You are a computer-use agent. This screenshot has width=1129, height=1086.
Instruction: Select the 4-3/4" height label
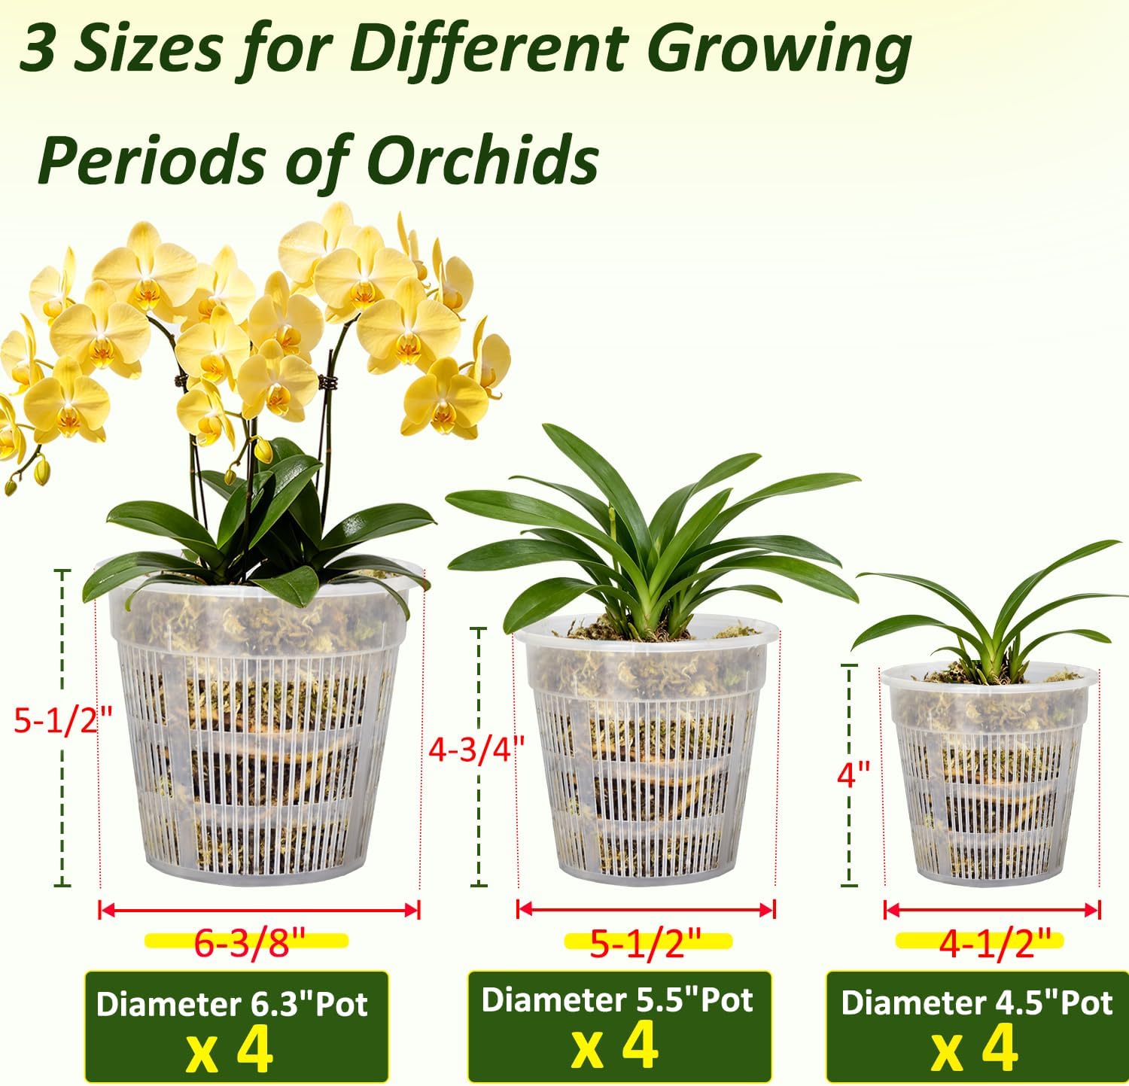pos(475,748)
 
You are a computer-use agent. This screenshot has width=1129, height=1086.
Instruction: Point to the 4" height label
pos(854,773)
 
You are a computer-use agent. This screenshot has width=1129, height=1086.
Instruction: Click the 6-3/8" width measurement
pos(250,942)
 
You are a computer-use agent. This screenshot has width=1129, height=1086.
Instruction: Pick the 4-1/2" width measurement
pos(994,943)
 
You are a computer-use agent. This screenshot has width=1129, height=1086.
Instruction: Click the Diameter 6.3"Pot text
pos(232,1005)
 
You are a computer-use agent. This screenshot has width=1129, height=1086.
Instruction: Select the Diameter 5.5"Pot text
pos(617,1000)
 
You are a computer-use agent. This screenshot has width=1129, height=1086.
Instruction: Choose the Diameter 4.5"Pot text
pos(976,1002)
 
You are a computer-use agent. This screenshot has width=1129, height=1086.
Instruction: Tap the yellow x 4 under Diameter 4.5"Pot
pos(975,1048)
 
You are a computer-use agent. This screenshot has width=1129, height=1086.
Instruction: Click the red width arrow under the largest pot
pos(259,910)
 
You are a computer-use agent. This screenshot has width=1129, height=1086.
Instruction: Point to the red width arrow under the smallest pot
pos(992,910)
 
